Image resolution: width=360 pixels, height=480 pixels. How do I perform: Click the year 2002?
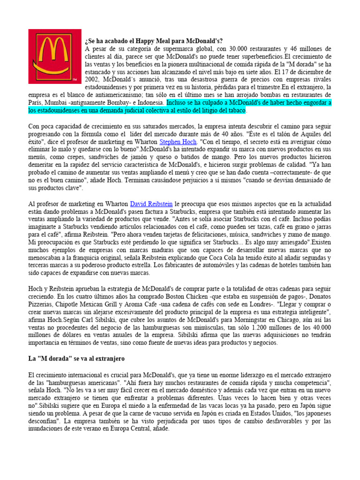[93, 80]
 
